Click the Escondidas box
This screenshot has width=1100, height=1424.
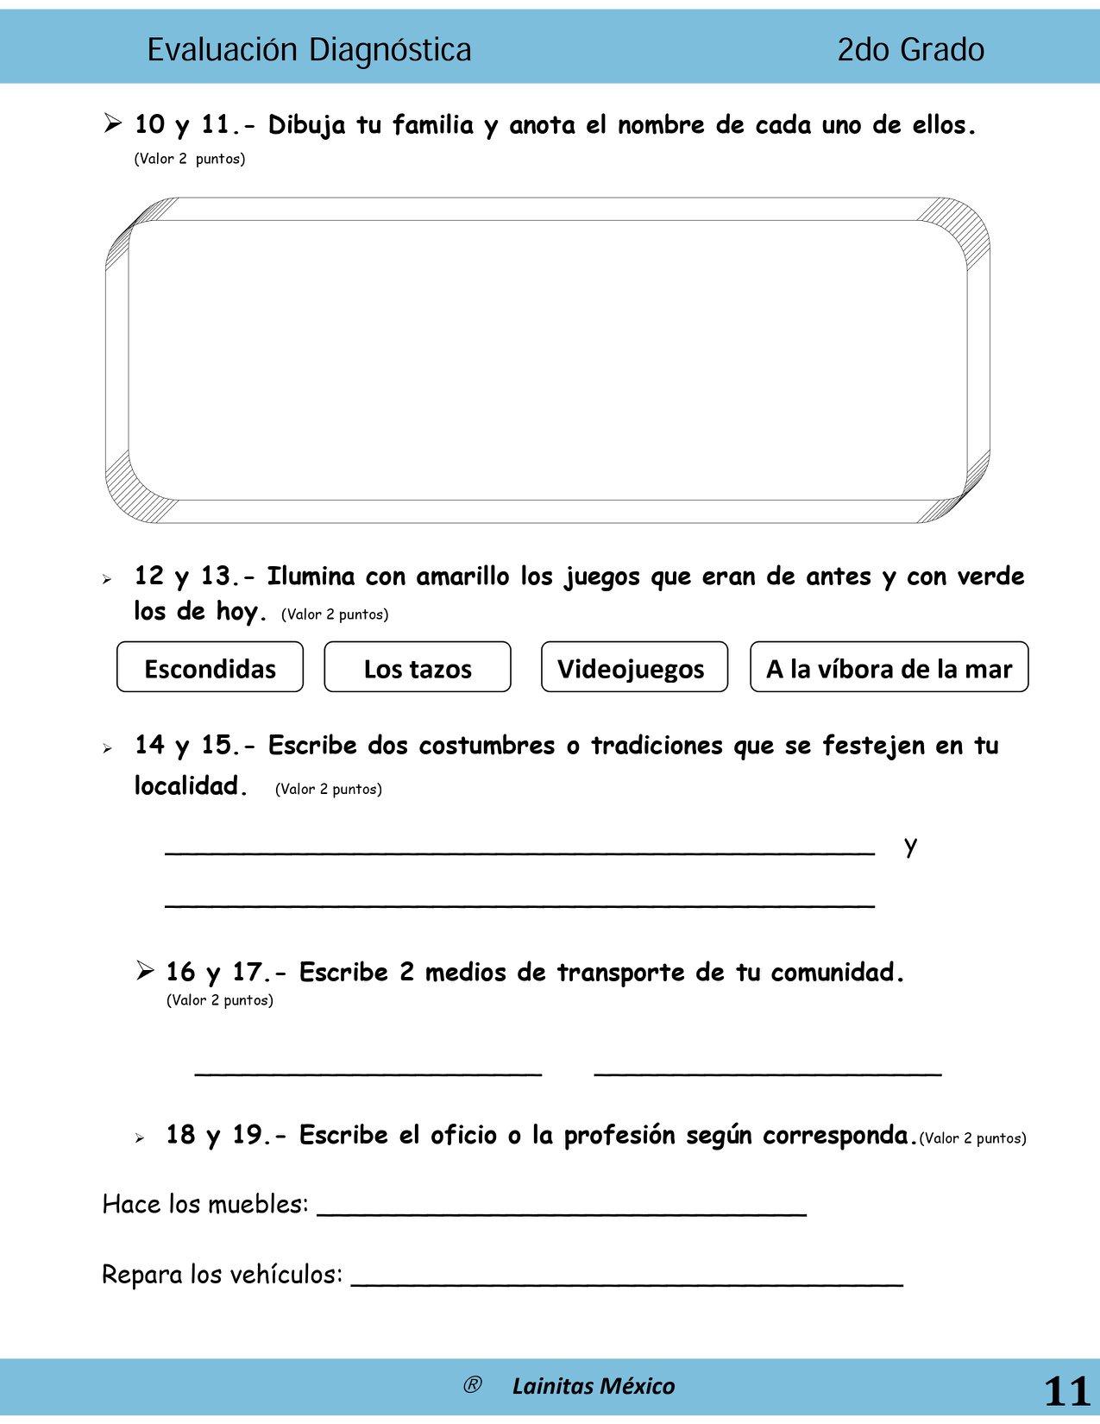[x=210, y=667]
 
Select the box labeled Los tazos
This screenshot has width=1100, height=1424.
[x=418, y=667]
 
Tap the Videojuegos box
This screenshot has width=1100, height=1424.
[x=634, y=667]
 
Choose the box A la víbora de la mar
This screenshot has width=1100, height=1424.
[x=889, y=667]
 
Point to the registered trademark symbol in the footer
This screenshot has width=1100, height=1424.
[x=472, y=1385]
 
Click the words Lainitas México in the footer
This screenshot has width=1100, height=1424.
[x=594, y=1386]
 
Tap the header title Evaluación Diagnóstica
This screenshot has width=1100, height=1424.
[x=309, y=50]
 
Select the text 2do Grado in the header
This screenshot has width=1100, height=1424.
[x=910, y=50]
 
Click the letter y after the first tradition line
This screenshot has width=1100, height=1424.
[x=910, y=846]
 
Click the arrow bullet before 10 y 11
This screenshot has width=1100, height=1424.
[x=113, y=123]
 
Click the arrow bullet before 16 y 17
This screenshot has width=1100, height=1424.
[x=145, y=971]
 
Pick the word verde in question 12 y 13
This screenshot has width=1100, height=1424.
[x=991, y=577]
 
